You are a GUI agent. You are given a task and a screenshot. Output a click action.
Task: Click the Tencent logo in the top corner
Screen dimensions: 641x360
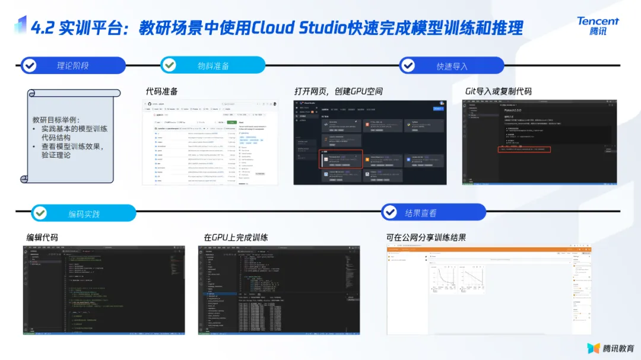[x=598, y=26]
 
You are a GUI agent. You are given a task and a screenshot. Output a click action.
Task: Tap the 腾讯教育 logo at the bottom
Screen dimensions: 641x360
[x=611, y=348]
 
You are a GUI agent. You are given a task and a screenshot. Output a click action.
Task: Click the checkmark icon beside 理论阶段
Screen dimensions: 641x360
[x=29, y=65]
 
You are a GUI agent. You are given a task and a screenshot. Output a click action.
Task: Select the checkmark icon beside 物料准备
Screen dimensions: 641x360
[x=169, y=65]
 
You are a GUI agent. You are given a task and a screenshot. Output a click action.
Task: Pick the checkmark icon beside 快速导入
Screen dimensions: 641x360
[x=408, y=65]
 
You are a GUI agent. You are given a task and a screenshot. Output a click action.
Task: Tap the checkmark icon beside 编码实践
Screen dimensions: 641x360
[x=40, y=213]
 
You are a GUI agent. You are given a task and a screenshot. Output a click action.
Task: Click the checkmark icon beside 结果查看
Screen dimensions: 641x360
[x=389, y=212]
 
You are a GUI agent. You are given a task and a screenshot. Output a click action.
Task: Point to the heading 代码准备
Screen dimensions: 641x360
[x=161, y=91]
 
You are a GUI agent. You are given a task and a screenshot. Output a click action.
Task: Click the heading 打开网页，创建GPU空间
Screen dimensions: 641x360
[x=338, y=91]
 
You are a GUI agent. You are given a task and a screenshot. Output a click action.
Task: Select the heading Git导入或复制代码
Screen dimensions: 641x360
[x=498, y=91]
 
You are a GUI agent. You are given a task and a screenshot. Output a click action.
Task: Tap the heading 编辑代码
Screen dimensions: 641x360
[x=42, y=237]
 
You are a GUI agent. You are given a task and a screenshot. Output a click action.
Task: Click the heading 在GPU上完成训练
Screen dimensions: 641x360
[x=236, y=237]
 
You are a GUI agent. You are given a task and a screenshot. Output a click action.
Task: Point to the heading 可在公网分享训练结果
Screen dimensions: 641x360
[x=426, y=237]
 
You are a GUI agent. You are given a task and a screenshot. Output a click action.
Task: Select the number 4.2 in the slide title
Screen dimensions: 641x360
[x=43, y=28]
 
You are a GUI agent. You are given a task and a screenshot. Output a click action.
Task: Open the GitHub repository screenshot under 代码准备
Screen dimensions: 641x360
[x=210, y=142]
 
